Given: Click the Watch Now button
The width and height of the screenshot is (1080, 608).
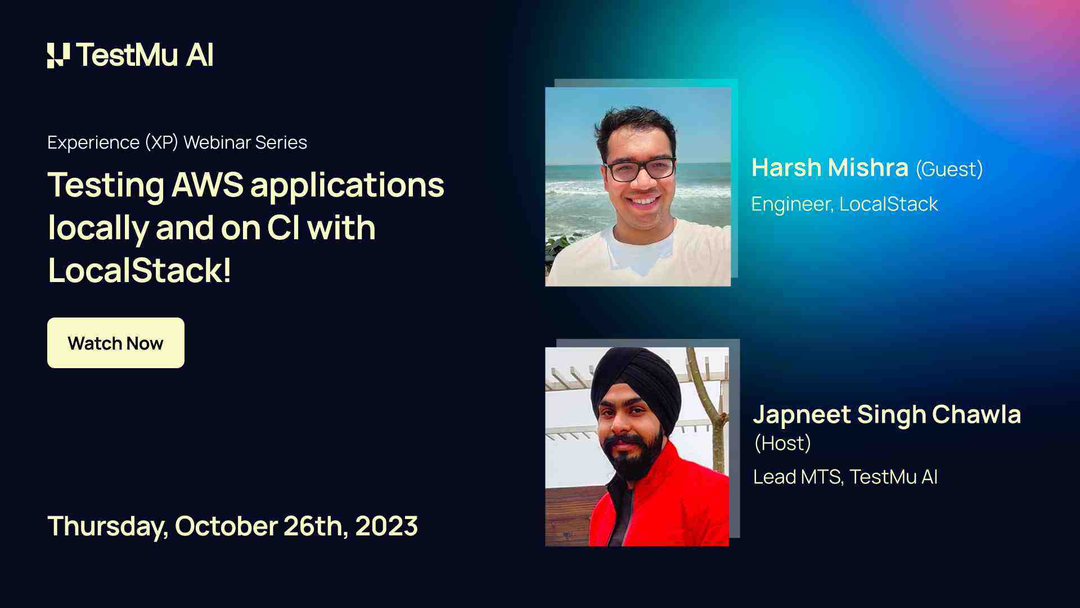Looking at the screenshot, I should click(x=115, y=343).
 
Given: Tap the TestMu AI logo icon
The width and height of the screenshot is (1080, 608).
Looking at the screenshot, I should click(x=58, y=55).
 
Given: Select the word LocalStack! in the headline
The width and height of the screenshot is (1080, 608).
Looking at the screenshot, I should click(x=139, y=270).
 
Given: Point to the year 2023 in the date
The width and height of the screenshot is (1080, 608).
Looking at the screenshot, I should click(x=386, y=526).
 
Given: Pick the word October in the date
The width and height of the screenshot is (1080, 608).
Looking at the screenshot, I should click(x=226, y=526).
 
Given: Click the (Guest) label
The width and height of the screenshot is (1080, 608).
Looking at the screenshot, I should click(x=949, y=169).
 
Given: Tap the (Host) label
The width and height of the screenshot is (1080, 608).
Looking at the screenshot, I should click(x=782, y=443).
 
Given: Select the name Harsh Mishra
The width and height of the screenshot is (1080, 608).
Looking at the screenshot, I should click(x=830, y=168).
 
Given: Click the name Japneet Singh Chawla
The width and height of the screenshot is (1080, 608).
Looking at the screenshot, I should click(x=886, y=414).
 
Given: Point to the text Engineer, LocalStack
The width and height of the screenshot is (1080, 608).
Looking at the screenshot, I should click(x=844, y=204).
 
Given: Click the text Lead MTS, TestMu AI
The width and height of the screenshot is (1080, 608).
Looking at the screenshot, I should click(x=845, y=477).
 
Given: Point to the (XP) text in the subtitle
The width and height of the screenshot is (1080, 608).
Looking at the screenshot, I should click(x=161, y=142).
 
